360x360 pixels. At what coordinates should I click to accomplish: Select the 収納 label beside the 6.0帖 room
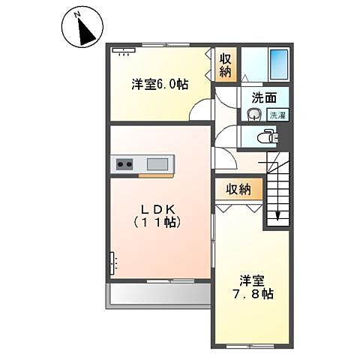click(225, 65)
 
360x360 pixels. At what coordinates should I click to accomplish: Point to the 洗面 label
click(262, 97)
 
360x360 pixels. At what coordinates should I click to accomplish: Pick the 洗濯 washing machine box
click(277, 115)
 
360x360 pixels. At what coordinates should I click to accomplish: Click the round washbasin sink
click(253, 115)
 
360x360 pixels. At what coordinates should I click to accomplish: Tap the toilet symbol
click(267, 136)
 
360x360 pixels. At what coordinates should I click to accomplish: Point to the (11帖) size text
click(159, 223)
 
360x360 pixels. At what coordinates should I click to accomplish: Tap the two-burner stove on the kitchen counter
click(124, 163)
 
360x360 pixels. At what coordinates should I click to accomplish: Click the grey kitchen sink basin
click(157, 163)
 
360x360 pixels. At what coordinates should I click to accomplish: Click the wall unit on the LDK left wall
click(113, 263)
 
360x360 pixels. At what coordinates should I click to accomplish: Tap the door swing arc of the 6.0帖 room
click(200, 111)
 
